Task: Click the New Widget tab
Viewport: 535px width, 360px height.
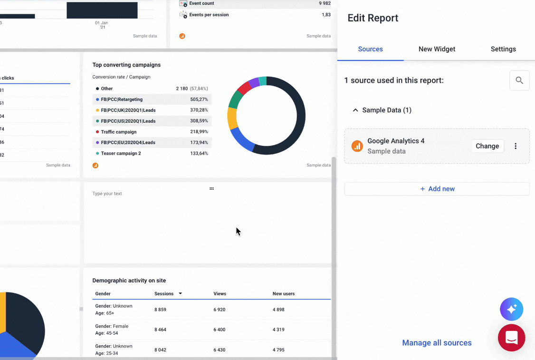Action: [x=437, y=49]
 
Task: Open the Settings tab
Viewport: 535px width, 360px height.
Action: [x=503, y=49]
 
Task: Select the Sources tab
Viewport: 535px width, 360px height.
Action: [x=370, y=49]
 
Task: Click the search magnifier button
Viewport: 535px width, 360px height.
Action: [x=519, y=81]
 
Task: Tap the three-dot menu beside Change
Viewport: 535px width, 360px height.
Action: [x=516, y=146]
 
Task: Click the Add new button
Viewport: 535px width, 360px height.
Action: [x=437, y=189]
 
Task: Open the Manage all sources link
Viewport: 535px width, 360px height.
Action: [x=437, y=343]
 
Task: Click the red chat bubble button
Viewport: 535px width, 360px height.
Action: [x=511, y=338]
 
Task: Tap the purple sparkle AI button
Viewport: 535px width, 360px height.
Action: [x=511, y=310]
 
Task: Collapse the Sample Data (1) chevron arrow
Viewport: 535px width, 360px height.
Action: [x=355, y=110]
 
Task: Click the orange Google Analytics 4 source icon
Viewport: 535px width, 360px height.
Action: [x=357, y=146]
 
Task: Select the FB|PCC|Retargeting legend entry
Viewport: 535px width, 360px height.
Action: [x=122, y=99]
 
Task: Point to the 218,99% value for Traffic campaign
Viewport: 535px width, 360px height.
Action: [x=199, y=132]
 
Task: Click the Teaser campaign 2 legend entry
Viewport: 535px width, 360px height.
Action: [x=121, y=154]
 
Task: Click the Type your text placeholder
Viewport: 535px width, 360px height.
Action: [x=107, y=194]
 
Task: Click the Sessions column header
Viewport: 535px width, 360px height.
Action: [x=164, y=294]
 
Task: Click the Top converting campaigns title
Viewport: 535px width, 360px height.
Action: [x=126, y=65]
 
